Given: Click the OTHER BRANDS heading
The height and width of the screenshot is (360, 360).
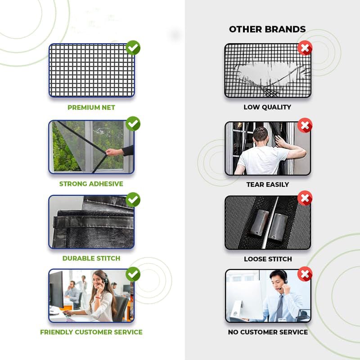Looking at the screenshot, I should pyautogui.click(x=267, y=29).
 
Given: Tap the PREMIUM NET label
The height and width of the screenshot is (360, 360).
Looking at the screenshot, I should pyautogui.click(x=91, y=108).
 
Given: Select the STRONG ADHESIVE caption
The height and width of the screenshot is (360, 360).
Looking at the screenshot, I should pyautogui.click(x=91, y=184).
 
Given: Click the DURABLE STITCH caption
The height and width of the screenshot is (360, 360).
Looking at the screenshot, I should pyautogui.click(x=91, y=258).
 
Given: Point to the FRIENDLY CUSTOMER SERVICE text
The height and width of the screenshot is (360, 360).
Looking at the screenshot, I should pyautogui.click(x=91, y=332).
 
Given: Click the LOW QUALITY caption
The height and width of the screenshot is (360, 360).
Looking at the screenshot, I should pyautogui.click(x=267, y=107).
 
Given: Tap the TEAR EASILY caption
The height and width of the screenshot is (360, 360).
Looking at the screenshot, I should pyautogui.click(x=267, y=184).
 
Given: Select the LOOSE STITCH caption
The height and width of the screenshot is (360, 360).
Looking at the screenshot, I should pyautogui.click(x=267, y=259).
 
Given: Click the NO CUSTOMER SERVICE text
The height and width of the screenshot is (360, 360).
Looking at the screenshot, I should pyautogui.click(x=267, y=332).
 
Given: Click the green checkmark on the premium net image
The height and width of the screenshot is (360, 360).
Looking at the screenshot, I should pyautogui.click(x=133, y=47).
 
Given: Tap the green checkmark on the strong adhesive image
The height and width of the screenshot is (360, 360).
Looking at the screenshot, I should pyautogui.click(x=133, y=123).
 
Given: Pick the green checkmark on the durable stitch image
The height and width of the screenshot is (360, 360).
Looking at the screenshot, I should pyautogui.click(x=133, y=199).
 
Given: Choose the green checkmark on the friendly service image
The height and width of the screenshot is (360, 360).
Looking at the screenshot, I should pyautogui.click(x=133, y=274).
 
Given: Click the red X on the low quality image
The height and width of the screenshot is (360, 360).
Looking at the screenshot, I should pyautogui.click(x=305, y=47).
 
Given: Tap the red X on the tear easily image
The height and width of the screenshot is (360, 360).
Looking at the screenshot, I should pyautogui.click(x=305, y=125).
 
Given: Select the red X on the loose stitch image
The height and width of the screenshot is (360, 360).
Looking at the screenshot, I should pyautogui.click(x=305, y=198).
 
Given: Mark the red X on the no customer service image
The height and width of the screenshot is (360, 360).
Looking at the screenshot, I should pyautogui.click(x=305, y=273).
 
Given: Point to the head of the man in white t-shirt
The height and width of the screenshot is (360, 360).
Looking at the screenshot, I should pyautogui.click(x=260, y=135).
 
